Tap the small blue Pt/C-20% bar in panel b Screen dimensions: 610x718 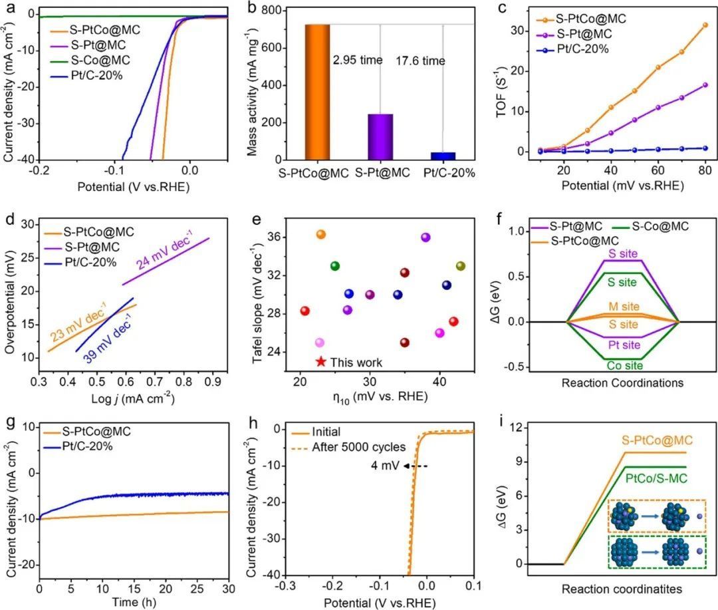pos(443,156)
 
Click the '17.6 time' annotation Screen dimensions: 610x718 pos(421,61)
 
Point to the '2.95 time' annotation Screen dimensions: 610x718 pos(358,61)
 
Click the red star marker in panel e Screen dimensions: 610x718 pos(321,362)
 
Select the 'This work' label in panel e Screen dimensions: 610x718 pos(356,363)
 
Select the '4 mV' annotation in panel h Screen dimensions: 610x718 pos(383,466)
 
